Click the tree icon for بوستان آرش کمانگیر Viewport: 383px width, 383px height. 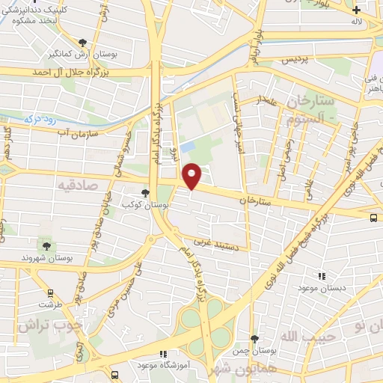[x=82, y=43]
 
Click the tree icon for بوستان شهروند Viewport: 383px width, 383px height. [x=47, y=246]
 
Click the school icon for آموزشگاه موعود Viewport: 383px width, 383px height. [x=163, y=354]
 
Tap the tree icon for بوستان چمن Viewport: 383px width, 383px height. [x=254, y=339]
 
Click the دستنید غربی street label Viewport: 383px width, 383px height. [x=215, y=242]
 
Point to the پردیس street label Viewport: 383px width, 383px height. [x=295, y=58]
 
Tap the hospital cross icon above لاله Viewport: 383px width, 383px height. [x=357, y=10]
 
